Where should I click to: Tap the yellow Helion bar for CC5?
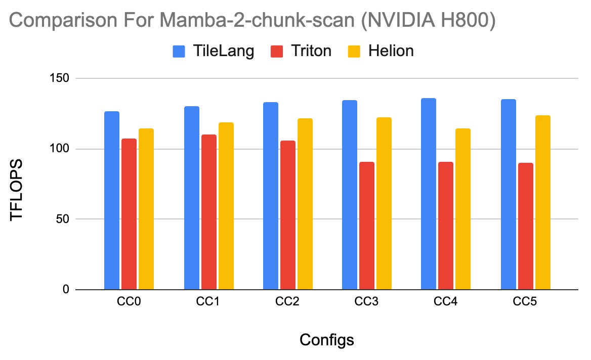(x=543, y=202)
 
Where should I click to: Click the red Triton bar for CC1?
(x=209, y=212)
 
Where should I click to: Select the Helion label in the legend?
(x=391, y=51)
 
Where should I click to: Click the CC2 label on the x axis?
(x=288, y=303)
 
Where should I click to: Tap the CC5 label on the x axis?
(x=526, y=303)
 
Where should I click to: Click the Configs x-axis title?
(x=327, y=340)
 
